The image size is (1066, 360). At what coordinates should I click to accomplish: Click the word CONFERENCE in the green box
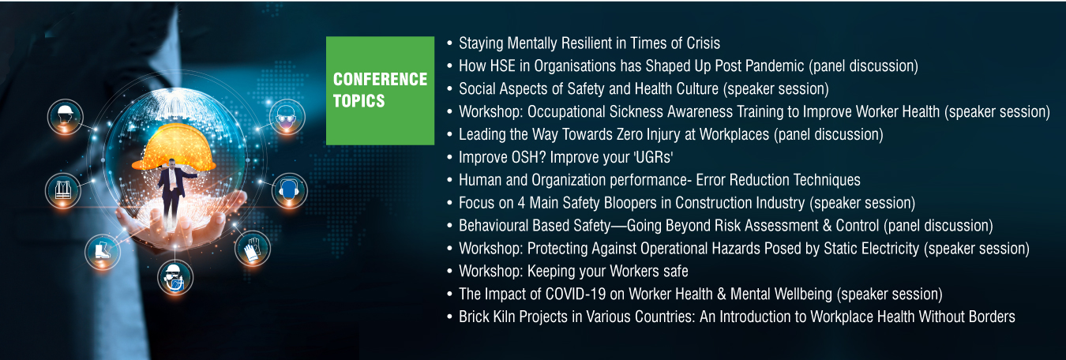click(381, 79)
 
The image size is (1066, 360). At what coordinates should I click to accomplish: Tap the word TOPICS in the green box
click(358, 101)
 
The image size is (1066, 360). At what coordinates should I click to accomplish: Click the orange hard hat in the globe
click(175, 147)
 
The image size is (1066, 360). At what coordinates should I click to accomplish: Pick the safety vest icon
click(63, 190)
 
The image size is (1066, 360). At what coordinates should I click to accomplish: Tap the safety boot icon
click(103, 251)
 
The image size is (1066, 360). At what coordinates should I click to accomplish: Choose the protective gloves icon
click(252, 248)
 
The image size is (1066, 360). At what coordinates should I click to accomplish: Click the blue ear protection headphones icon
click(289, 191)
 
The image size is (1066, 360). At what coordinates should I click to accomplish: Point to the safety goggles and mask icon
click(287, 117)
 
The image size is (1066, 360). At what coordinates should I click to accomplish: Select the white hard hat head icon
click(66, 117)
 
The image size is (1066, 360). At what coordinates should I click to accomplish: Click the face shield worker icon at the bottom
click(175, 277)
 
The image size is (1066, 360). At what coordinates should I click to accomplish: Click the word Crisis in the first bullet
click(703, 43)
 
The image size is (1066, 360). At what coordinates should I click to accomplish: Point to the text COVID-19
click(576, 294)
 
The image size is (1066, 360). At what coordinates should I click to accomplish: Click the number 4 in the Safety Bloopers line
click(521, 203)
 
